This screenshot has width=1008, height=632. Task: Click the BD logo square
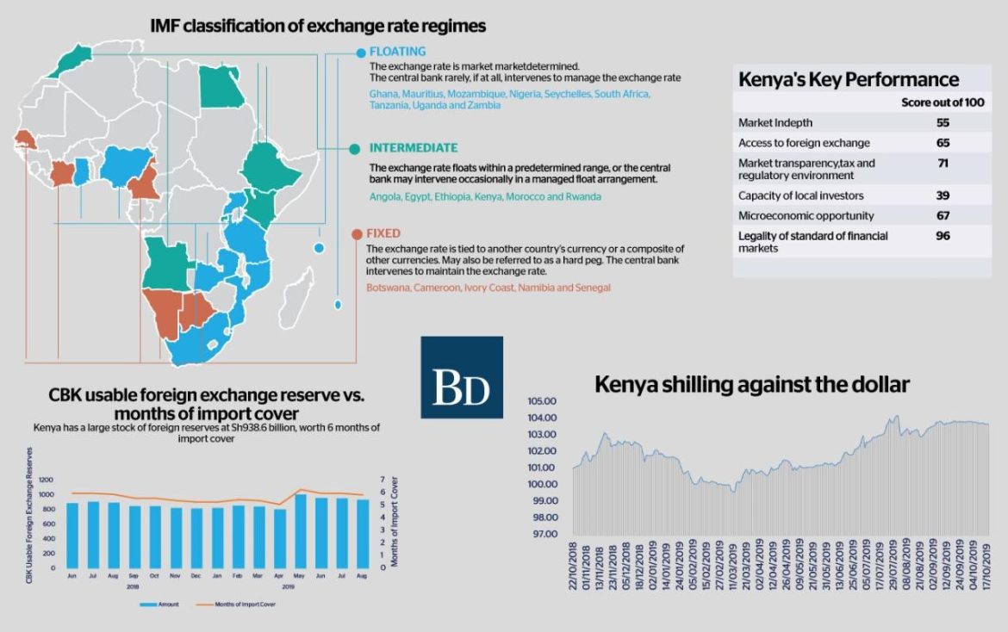click(x=462, y=377)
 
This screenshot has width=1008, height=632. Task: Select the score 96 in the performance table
click(x=943, y=235)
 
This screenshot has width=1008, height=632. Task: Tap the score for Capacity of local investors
click(x=943, y=195)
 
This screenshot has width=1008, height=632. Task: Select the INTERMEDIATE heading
click(x=413, y=148)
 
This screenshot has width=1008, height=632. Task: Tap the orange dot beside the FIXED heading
click(x=354, y=233)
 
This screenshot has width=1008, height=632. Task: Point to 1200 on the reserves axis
click(x=45, y=480)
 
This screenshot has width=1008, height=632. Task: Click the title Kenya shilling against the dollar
click(x=751, y=385)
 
